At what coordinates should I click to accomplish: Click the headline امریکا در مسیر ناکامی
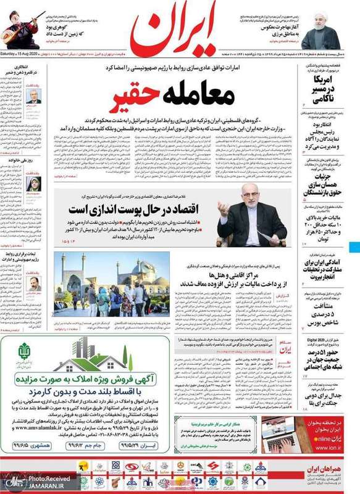click(327, 88)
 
